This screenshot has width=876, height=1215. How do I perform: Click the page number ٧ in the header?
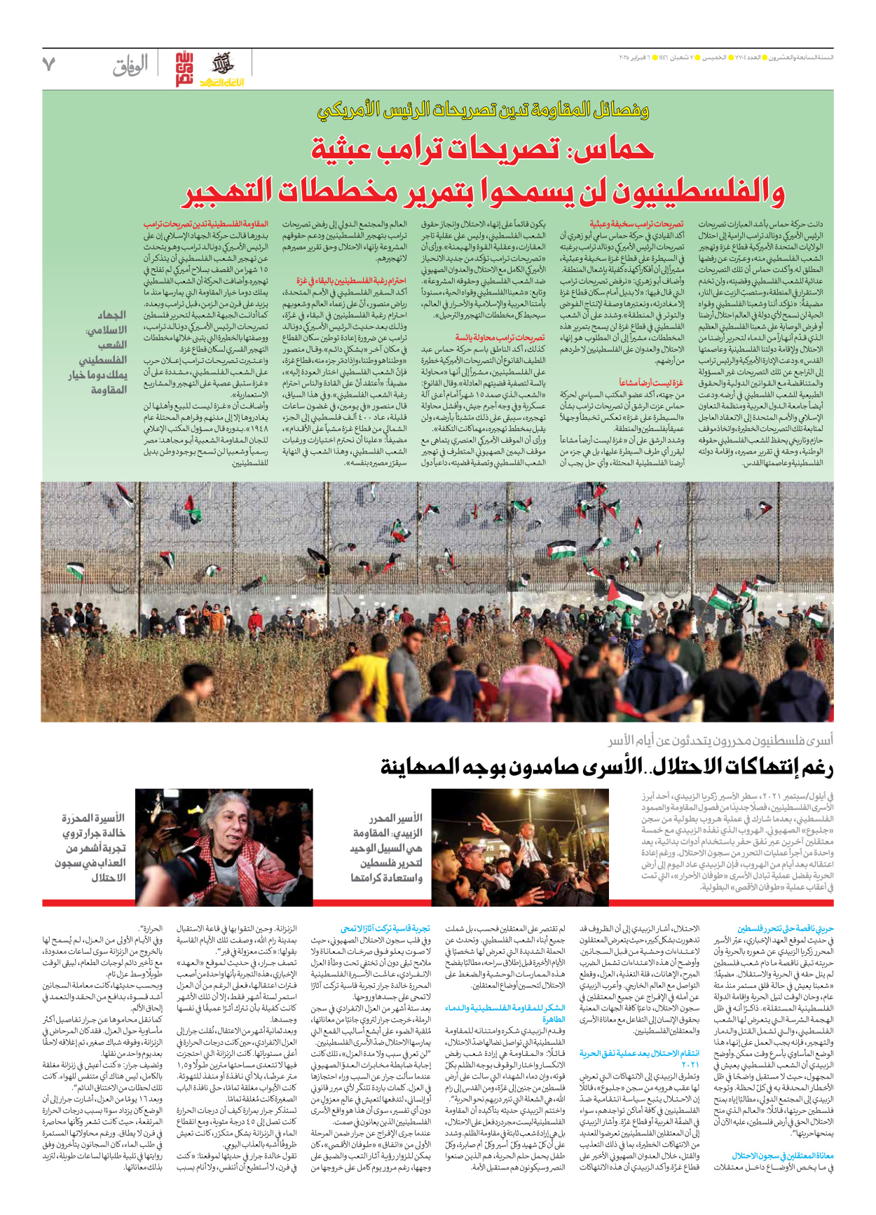point(48,65)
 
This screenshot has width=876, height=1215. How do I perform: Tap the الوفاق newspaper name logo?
point(130,67)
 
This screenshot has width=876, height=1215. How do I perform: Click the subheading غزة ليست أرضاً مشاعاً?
point(651,383)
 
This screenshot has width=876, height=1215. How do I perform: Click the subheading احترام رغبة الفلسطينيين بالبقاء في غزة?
point(351,281)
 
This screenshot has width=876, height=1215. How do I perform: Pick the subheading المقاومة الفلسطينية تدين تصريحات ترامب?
point(205,225)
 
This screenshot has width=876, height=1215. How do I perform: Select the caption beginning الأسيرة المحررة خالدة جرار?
point(92,848)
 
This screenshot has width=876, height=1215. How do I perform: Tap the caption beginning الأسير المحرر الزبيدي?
point(387,848)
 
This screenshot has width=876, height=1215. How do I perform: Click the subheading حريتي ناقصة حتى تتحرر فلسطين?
point(785,928)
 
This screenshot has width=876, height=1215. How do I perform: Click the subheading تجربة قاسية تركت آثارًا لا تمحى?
point(385,928)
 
